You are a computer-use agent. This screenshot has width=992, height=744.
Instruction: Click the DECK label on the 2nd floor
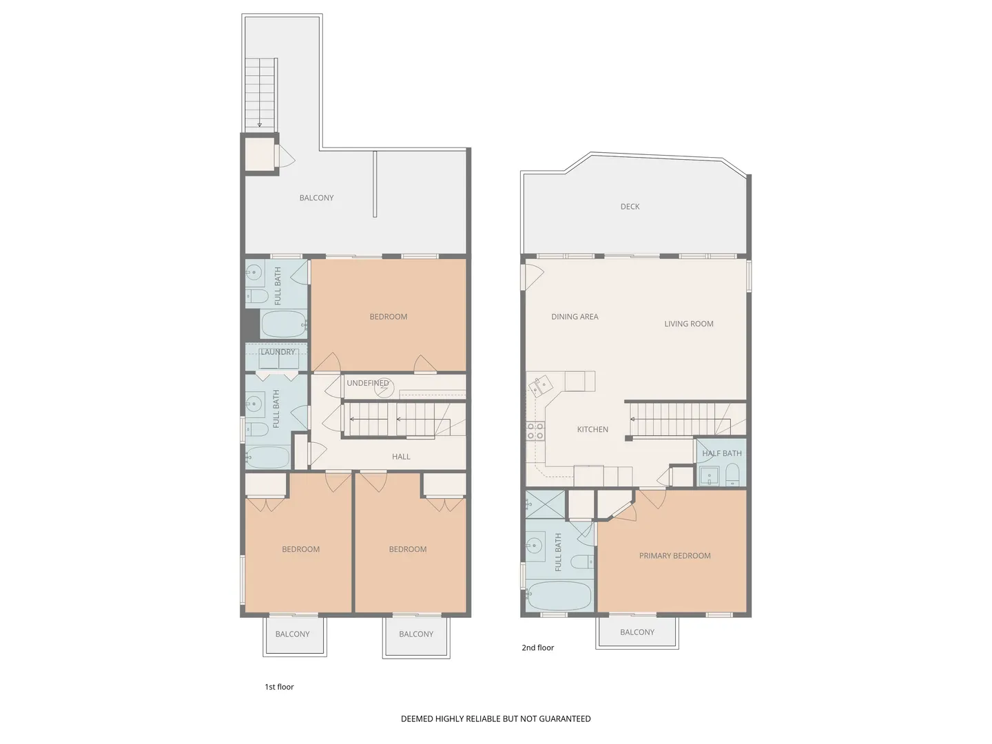630,207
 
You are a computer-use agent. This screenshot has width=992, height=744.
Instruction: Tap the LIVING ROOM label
689,324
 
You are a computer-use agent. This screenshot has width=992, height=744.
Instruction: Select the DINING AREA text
575,317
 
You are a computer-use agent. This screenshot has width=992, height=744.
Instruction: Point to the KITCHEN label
592,429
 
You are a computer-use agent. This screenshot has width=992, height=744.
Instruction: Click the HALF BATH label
722,453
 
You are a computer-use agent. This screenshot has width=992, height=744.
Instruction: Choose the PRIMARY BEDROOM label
674,556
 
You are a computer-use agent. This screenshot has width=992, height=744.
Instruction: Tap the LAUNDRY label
278,352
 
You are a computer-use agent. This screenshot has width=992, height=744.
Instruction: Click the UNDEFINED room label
367,383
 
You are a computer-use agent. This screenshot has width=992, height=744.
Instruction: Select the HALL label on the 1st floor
401,457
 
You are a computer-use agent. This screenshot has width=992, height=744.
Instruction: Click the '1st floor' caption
279,687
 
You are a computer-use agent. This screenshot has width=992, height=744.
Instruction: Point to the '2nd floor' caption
537,648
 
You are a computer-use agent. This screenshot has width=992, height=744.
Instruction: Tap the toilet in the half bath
732,475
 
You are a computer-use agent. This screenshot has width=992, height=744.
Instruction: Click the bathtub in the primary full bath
559,596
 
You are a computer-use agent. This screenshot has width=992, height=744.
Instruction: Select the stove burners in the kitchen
535,431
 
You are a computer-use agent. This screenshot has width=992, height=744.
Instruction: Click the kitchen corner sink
541,386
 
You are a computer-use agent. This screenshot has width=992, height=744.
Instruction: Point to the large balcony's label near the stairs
316,198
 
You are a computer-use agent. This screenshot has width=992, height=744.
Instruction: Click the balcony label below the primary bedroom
637,632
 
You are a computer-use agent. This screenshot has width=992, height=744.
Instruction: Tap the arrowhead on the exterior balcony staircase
260,125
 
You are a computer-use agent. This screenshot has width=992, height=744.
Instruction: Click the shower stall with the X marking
546,504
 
